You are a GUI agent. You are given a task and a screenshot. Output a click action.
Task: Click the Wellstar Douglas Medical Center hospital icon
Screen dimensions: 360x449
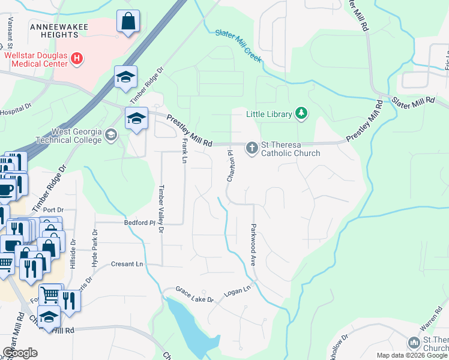click(76, 58)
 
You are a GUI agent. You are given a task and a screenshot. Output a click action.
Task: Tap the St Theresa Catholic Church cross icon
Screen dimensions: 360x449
click(252, 147)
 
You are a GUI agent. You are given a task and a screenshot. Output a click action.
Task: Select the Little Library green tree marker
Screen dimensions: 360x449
click(301, 113)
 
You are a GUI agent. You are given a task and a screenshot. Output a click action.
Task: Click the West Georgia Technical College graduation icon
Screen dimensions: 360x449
click(110, 134)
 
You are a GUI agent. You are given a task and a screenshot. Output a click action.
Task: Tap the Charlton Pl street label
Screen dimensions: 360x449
click(229, 166)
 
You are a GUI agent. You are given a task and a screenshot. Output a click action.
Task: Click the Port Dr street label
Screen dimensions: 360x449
click(53, 210)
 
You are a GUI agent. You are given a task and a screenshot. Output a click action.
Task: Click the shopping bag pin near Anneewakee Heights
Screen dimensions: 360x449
click(128, 23)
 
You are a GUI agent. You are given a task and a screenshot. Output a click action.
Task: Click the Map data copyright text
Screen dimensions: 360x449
click(412, 355)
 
